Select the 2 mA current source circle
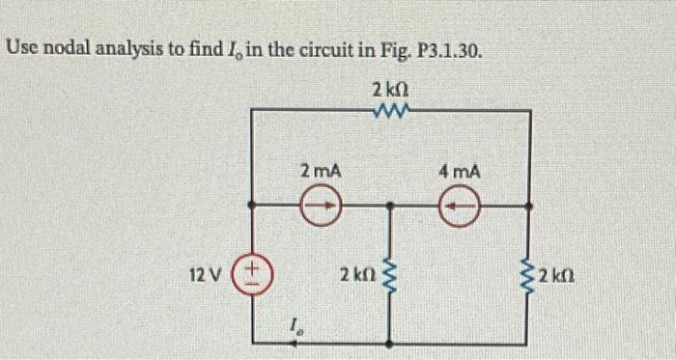pyautogui.click(x=321, y=206)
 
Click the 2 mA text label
pyautogui.click(x=320, y=172)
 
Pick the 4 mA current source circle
pyautogui.click(x=460, y=206)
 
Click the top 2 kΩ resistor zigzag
pyautogui.click(x=390, y=111)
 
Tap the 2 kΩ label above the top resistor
pyautogui.click(x=390, y=89)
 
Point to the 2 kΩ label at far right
pyautogui.click(x=559, y=276)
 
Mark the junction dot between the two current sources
pyautogui.click(x=390, y=206)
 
